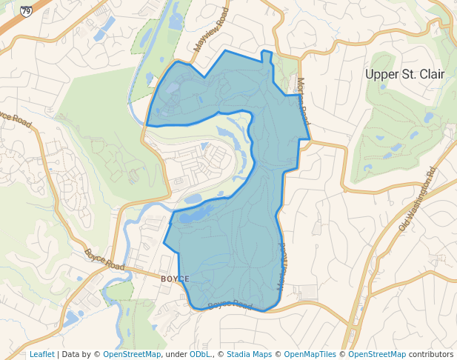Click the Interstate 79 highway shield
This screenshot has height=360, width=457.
pyautogui.click(x=27, y=12)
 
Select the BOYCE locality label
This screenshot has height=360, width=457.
pyautogui.click(x=175, y=279)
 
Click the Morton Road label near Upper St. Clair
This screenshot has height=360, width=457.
pyautogui.click(x=302, y=101)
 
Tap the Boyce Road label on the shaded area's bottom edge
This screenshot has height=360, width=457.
pyautogui.click(x=230, y=304)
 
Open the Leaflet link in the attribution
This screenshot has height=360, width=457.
pyautogui.click(x=41, y=354)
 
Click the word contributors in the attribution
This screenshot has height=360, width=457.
pyautogui.click(x=431, y=354)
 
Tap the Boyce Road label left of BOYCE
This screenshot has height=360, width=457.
pyautogui.click(x=104, y=259)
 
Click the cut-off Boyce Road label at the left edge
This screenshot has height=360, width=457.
pyautogui.click(x=15, y=118)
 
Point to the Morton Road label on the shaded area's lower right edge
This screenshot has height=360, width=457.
pyautogui.click(x=281, y=266)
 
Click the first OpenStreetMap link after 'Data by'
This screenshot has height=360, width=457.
pyautogui.click(x=132, y=354)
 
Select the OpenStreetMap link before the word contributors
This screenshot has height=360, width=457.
pyautogui.click(x=377, y=354)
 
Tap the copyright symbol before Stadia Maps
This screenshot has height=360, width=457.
pyautogui.click(x=221, y=354)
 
